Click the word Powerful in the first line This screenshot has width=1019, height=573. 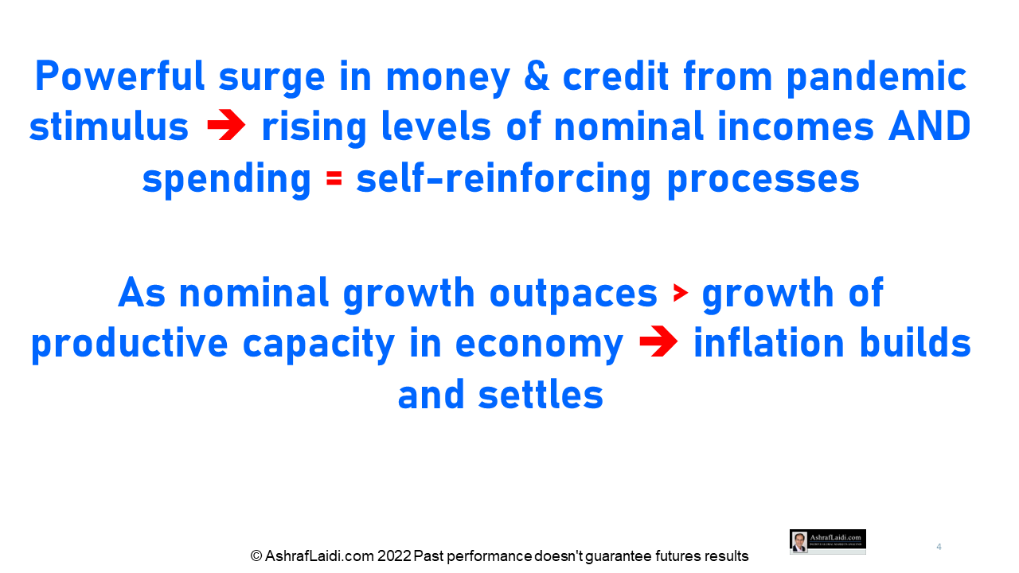119,76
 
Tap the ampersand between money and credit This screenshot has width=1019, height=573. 537,76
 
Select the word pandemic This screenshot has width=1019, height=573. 876,78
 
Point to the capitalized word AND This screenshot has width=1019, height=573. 930,126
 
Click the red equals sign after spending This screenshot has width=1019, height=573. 334,178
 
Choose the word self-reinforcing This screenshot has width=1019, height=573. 504,180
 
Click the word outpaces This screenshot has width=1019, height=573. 573,294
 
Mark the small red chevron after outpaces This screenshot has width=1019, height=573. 680,293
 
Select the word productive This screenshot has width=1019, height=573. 130,345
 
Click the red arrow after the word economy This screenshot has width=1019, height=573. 658,341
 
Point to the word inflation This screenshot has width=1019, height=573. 769,342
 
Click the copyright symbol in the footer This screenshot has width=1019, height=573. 256,556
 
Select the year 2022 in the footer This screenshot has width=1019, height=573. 394,556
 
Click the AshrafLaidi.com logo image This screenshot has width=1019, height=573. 827,542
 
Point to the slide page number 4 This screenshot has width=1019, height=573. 939,547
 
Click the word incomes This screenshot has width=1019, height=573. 795,127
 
